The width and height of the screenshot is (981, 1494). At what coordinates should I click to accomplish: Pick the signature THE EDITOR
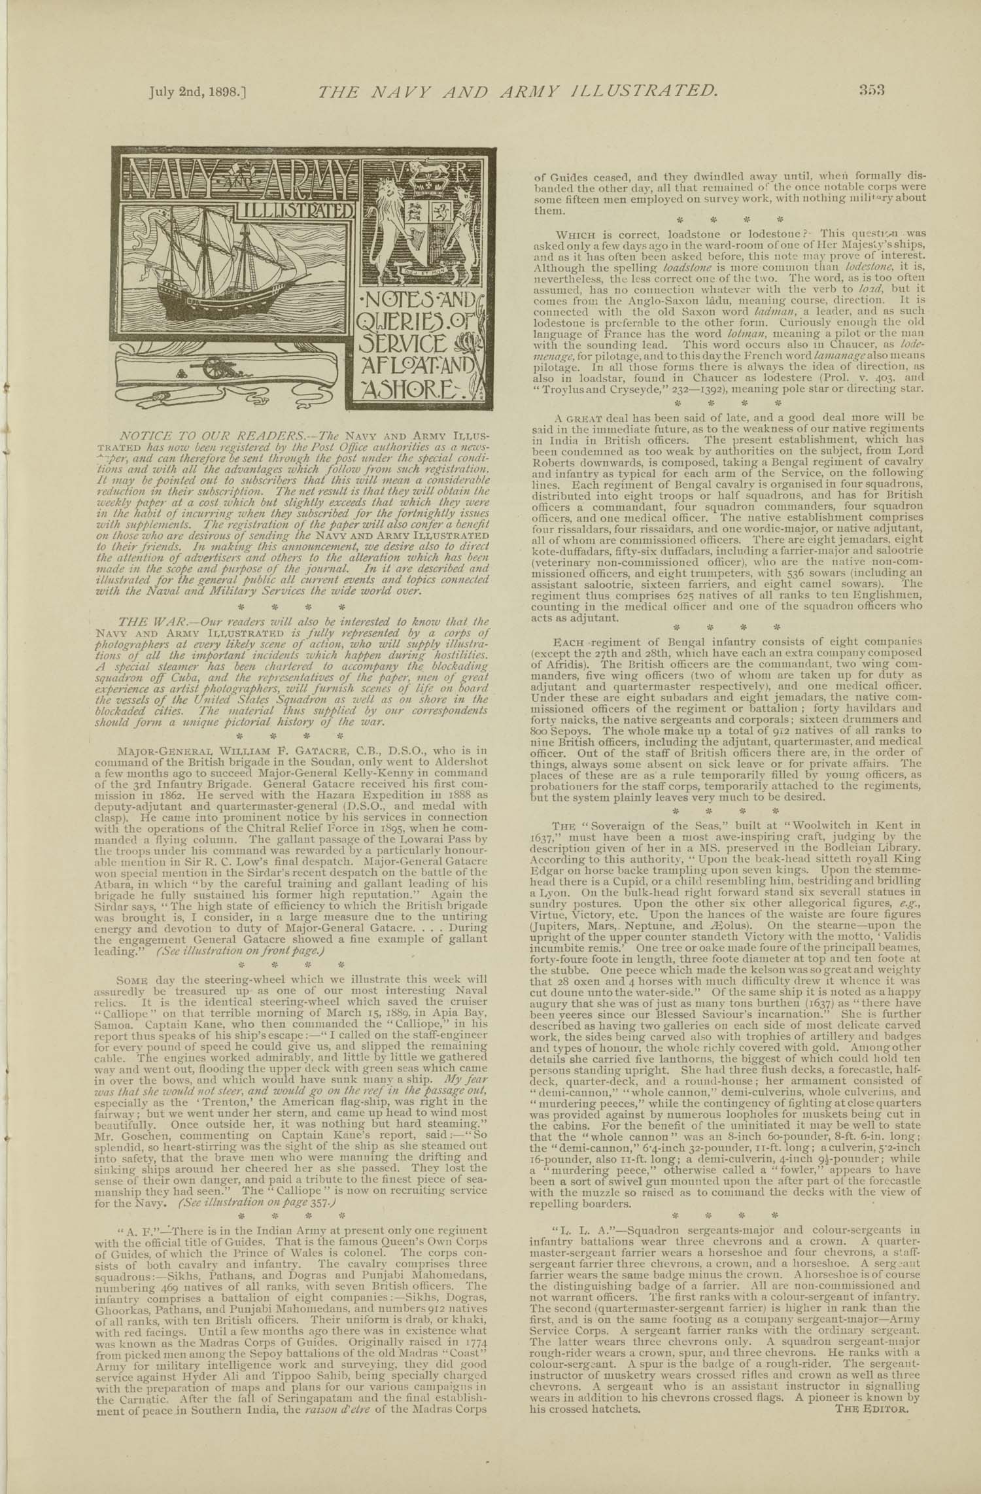(872, 1404)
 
